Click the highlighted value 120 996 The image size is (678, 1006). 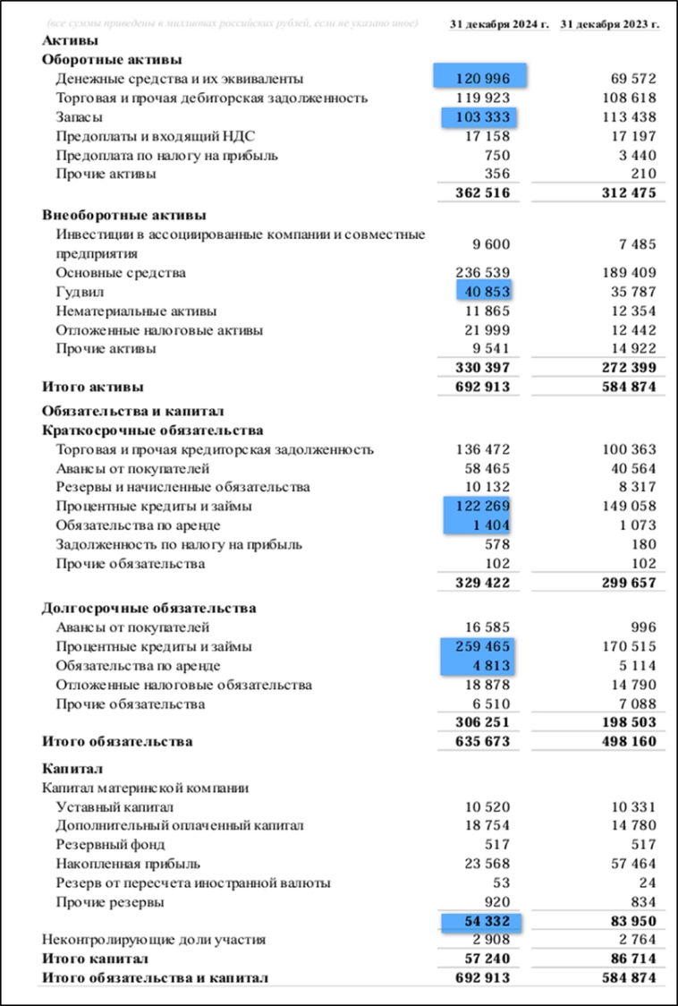pos(481,79)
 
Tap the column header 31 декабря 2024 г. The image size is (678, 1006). pos(498,24)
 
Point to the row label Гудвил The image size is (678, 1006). pos(81,292)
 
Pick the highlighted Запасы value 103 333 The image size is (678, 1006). pos(481,116)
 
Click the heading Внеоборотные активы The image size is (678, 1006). pos(124,215)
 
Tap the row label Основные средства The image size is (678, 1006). pos(121,273)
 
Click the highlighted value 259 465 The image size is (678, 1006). pos(481,646)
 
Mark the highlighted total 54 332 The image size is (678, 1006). pos(481,921)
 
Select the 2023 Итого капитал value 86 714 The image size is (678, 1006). pos(628,959)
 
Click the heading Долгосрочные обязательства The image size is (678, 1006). pos(149,608)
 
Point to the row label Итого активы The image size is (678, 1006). pos(93,388)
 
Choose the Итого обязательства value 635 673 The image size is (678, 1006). pos(481,741)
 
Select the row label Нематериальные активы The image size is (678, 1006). pos(136,311)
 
